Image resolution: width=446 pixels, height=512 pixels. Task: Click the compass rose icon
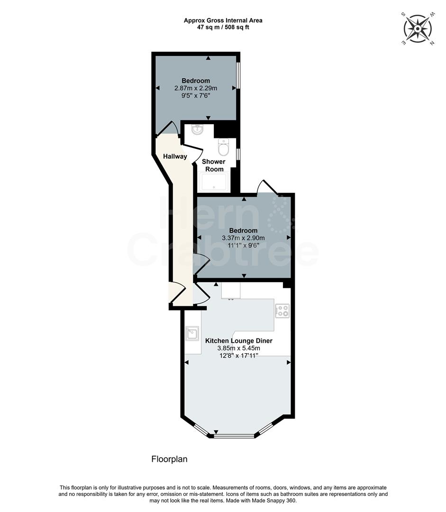(418, 29)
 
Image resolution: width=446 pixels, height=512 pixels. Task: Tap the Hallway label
(175, 156)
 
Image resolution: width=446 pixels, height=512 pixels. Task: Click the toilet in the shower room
(223, 148)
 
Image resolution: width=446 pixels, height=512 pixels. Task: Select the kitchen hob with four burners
(282, 311)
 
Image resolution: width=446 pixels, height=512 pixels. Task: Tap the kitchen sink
(192, 333)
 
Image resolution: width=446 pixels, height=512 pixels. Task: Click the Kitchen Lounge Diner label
(238, 341)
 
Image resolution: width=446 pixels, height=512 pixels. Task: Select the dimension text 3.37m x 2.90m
(243, 238)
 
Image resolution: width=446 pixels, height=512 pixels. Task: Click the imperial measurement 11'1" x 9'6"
(243, 246)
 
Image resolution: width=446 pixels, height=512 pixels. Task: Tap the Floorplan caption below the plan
(169, 459)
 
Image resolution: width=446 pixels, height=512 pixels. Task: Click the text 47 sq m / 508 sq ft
(223, 27)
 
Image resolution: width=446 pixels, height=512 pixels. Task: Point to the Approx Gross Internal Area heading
(223, 20)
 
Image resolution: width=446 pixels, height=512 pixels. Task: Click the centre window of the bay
(234, 435)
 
